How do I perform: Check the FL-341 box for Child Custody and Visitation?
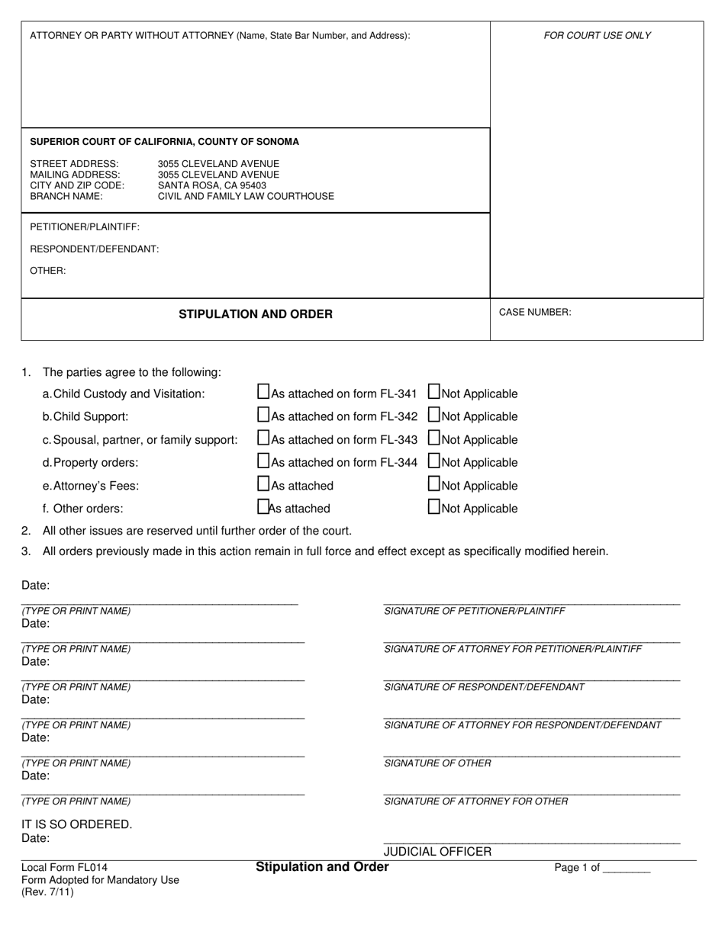tap(263, 392)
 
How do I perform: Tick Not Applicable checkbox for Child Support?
tap(433, 415)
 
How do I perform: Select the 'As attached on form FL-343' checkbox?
tap(263, 438)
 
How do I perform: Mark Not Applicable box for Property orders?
tap(433, 461)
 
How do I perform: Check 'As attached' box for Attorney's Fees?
tap(263, 483)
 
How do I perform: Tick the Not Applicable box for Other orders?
tap(433, 506)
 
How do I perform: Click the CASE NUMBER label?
tap(534, 312)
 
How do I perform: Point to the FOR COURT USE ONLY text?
tap(597, 35)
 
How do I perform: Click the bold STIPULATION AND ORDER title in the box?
tap(256, 314)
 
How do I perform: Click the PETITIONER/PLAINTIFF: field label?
tap(85, 226)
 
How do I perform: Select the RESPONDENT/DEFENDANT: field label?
tap(95, 249)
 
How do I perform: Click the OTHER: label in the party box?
tap(48, 270)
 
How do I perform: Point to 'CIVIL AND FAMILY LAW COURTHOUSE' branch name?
tap(246, 196)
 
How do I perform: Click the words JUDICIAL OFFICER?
tap(437, 852)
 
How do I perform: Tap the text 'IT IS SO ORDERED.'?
tap(77, 824)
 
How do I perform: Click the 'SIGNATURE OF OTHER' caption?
tap(437, 763)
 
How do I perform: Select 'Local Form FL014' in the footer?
tap(64, 868)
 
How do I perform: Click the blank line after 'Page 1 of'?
tap(627, 869)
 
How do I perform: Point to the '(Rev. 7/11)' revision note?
tap(48, 891)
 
